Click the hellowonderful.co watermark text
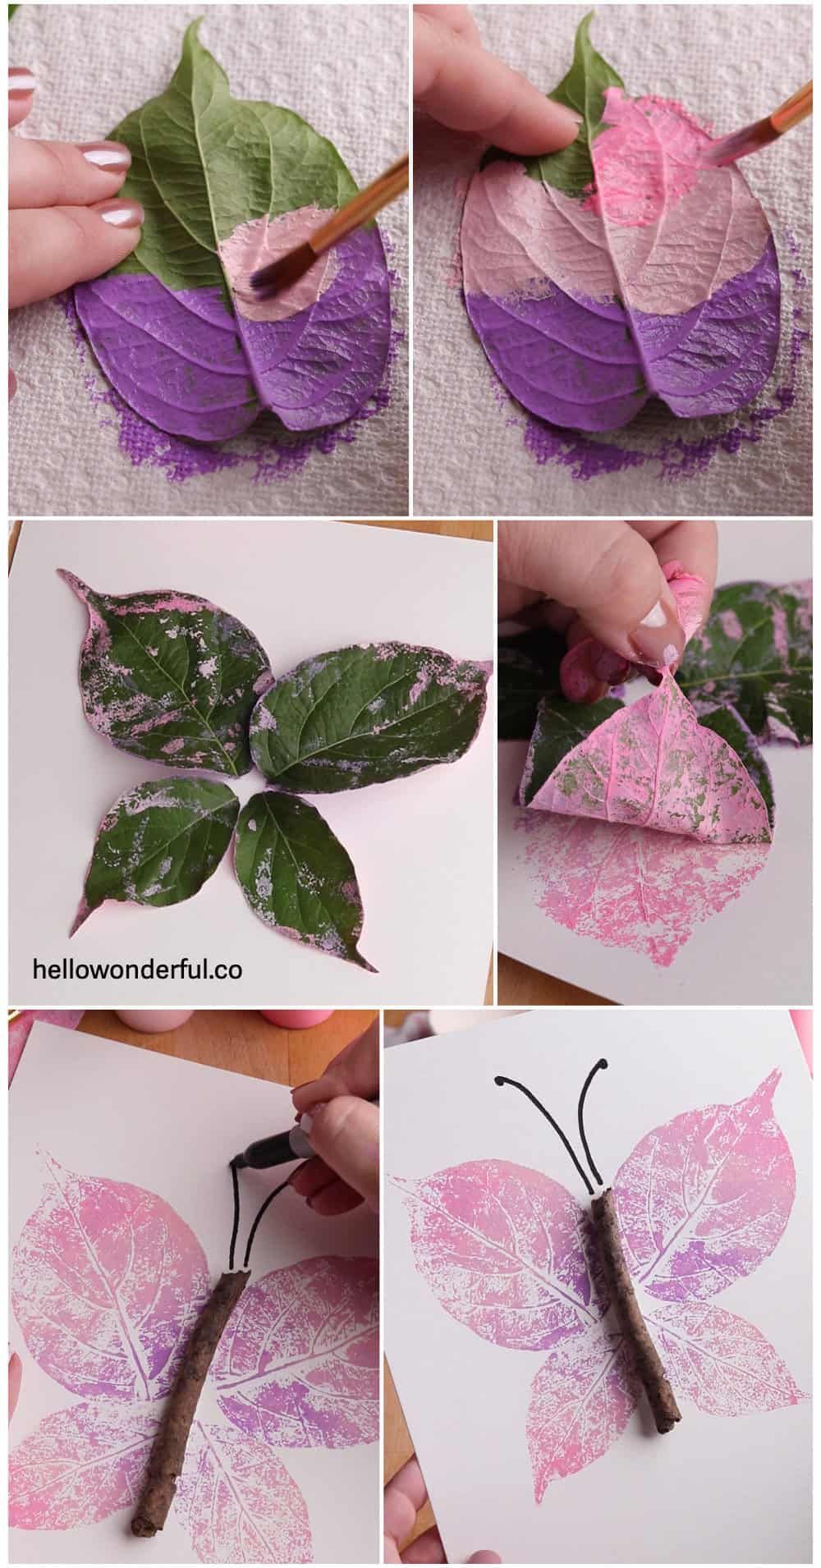pos(137,970)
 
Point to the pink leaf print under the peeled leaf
pos(632,903)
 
